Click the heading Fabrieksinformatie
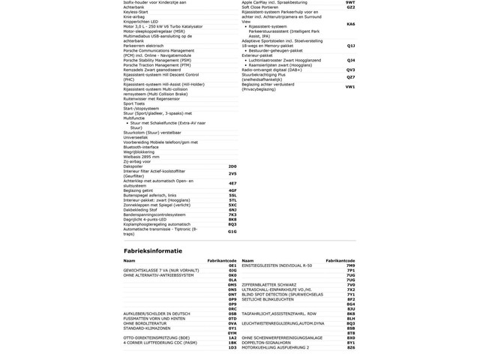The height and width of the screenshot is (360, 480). [x=152, y=250]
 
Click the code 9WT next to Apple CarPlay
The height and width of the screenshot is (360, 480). [x=350, y=3]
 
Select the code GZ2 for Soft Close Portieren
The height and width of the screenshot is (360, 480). [x=350, y=7]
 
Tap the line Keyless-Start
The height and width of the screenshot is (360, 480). [x=136, y=12]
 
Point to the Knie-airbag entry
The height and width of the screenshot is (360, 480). [x=134, y=16]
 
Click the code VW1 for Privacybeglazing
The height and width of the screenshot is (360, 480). [x=350, y=87]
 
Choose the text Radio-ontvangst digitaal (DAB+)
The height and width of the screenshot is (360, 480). [x=271, y=70]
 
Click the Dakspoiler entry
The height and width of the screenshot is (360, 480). [x=133, y=166]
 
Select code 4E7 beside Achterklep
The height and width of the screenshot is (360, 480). [x=232, y=183]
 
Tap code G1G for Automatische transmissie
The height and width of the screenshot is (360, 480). [x=232, y=232]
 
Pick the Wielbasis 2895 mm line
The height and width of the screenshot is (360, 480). [x=141, y=157]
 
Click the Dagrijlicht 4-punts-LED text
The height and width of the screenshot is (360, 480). [x=145, y=220]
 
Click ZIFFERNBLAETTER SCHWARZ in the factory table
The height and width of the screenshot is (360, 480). [x=268, y=285]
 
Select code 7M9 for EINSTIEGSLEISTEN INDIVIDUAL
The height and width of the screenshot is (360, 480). [x=351, y=265]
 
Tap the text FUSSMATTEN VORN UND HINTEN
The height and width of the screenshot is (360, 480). [x=154, y=319]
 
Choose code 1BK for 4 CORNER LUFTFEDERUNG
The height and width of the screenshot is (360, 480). [x=232, y=343]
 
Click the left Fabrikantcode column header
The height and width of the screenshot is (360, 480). [x=222, y=260]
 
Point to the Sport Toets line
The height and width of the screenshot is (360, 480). [x=134, y=103]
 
